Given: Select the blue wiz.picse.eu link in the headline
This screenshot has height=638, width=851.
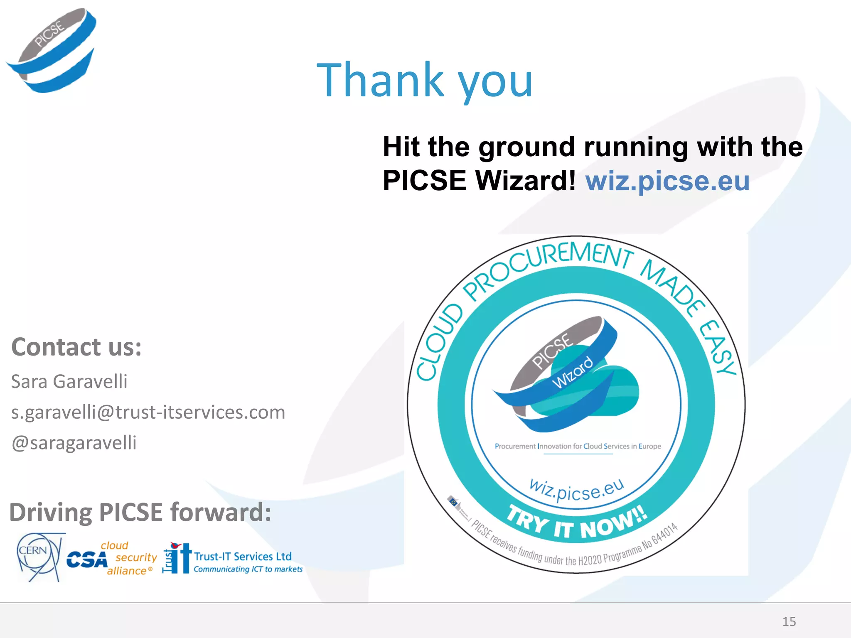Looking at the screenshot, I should click(667, 181).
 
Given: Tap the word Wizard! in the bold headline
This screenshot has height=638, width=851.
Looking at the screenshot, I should click(525, 181).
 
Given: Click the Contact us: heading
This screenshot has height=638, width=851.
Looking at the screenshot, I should click(76, 347).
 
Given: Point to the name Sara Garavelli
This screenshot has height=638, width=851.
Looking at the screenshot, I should click(69, 381).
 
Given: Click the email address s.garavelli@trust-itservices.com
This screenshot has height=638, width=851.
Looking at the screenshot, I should click(148, 412).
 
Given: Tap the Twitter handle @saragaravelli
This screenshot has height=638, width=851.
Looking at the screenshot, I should click(74, 443).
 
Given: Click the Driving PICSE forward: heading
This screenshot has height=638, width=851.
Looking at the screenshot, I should click(140, 512).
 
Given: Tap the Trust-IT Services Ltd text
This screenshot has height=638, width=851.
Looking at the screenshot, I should click(243, 556).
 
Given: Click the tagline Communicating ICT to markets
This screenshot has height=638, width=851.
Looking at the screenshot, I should click(248, 569).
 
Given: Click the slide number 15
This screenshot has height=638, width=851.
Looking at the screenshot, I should click(789, 621).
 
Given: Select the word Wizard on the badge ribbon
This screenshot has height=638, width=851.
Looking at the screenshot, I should click(573, 372).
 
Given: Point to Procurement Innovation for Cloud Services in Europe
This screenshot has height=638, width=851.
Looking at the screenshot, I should click(578, 446).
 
